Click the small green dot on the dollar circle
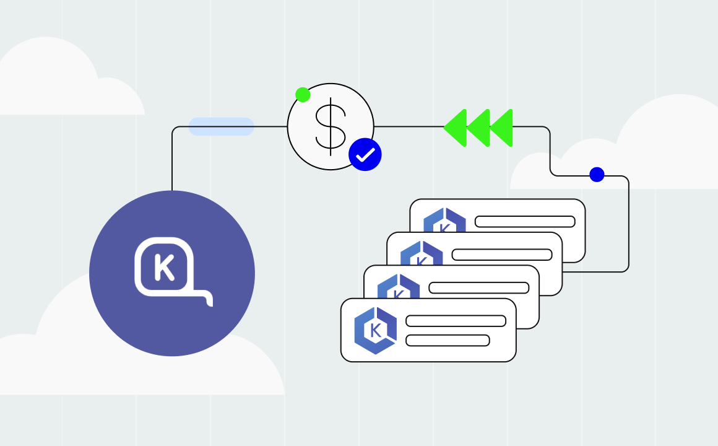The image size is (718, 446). [x=303, y=95]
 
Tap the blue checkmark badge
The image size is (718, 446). [x=365, y=154]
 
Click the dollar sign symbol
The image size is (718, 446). [x=331, y=126]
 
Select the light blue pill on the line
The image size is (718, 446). [x=221, y=126]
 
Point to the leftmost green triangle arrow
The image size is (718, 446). [x=455, y=128]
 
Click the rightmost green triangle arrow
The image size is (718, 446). [x=502, y=128]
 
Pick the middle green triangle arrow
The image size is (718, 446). [x=478, y=128]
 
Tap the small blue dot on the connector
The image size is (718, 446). [x=597, y=175]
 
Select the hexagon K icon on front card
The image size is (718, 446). [x=376, y=331]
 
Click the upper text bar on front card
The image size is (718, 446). [x=456, y=321]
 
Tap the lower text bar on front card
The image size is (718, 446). [x=448, y=341]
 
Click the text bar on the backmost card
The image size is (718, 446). [x=525, y=222]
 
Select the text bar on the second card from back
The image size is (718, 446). [x=502, y=255]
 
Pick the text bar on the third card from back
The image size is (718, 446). [x=479, y=288]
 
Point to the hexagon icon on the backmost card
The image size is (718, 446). [x=444, y=221]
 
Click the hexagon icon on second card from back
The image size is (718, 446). [x=422, y=252]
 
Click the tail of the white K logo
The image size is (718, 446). [x=207, y=300]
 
